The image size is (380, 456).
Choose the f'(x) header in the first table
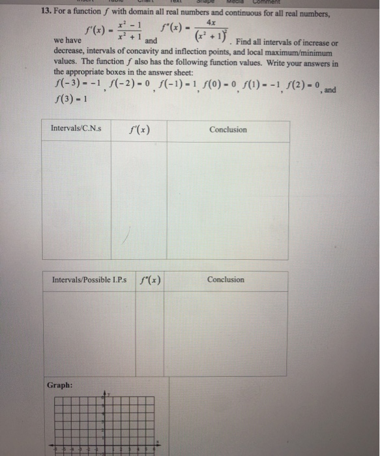coord(139,130)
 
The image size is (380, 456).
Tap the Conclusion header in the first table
coord(227,129)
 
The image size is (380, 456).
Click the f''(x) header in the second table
coord(151,280)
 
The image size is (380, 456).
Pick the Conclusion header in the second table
coord(226,280)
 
